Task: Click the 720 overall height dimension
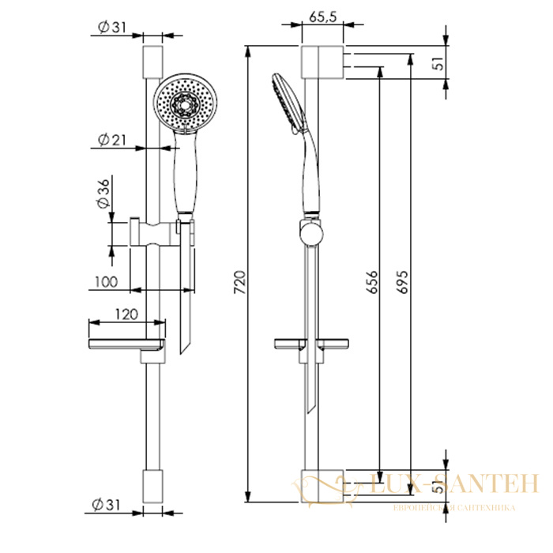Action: pyautogui.click(x=240, y=282)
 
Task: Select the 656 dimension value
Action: pyautogui.click(x=372, y=282)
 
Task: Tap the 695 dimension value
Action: pyautogui.click(x=401, y=282)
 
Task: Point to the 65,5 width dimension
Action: pyautogui.click(x=322, y=17)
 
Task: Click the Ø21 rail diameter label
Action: pyautogui.click(x=112, y=140)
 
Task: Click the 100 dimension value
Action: pyautogui.click(x=106, y=282)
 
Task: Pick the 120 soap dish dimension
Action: pyautogui.click(x=126, y=314)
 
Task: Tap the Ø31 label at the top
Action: pyautogui.click(x=112, y=27)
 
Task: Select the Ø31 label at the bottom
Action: pyautogui.click(x=106, y=505)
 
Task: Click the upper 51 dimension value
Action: pyautogui.click(x=439, y=62)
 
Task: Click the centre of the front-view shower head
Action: pyautogui.click(x=185, y=103)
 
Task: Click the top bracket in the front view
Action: pyautogui.click(x=152, y=62)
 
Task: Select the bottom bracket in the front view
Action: pyautogui.click(x=152, y=486)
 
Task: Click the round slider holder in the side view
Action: pyautogui.click(x=311, y=232)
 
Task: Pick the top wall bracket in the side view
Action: pyautogui.click(x=322, y=62)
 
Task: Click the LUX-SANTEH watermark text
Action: pyautogui.click(x=454, y=483)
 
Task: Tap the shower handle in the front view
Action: pyautogui.click(x=185, y=173)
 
